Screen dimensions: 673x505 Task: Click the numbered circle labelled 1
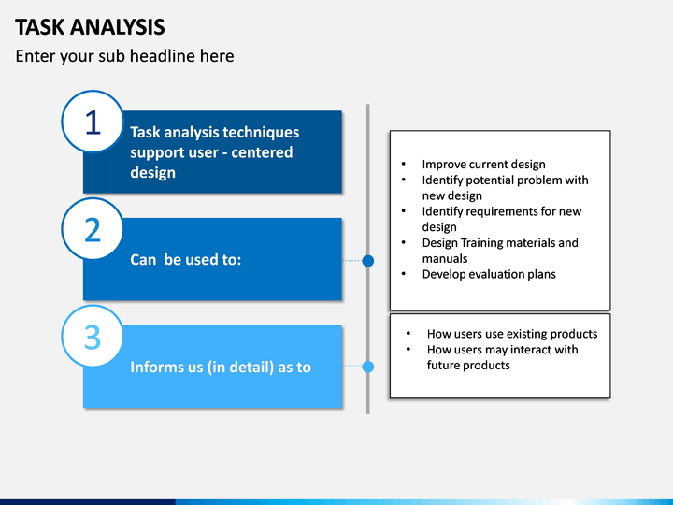tap(93, 122)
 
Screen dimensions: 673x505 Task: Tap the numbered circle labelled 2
tap(93, 229)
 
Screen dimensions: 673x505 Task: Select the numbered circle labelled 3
tap(93, 337)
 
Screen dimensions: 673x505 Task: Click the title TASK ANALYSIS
tap(90, 27)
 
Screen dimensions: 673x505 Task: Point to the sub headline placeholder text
tap(125, 56)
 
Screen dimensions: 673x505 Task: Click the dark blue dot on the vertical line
tap(368, 261)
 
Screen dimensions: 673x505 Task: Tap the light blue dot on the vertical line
tap(368, 367)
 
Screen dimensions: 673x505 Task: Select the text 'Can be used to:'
tap(186, 260)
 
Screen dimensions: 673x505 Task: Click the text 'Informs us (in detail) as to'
tap(221, 368)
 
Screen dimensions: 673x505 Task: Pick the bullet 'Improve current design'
tap(484, 165)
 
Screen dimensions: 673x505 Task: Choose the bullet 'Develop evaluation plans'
tap(489, 274)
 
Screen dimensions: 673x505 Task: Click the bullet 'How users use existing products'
tap(512, 334)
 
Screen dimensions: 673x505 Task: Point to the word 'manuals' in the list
tap(445, 258)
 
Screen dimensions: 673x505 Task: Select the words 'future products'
tap(468, 366)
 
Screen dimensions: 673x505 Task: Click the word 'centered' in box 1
tap(262, 152)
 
